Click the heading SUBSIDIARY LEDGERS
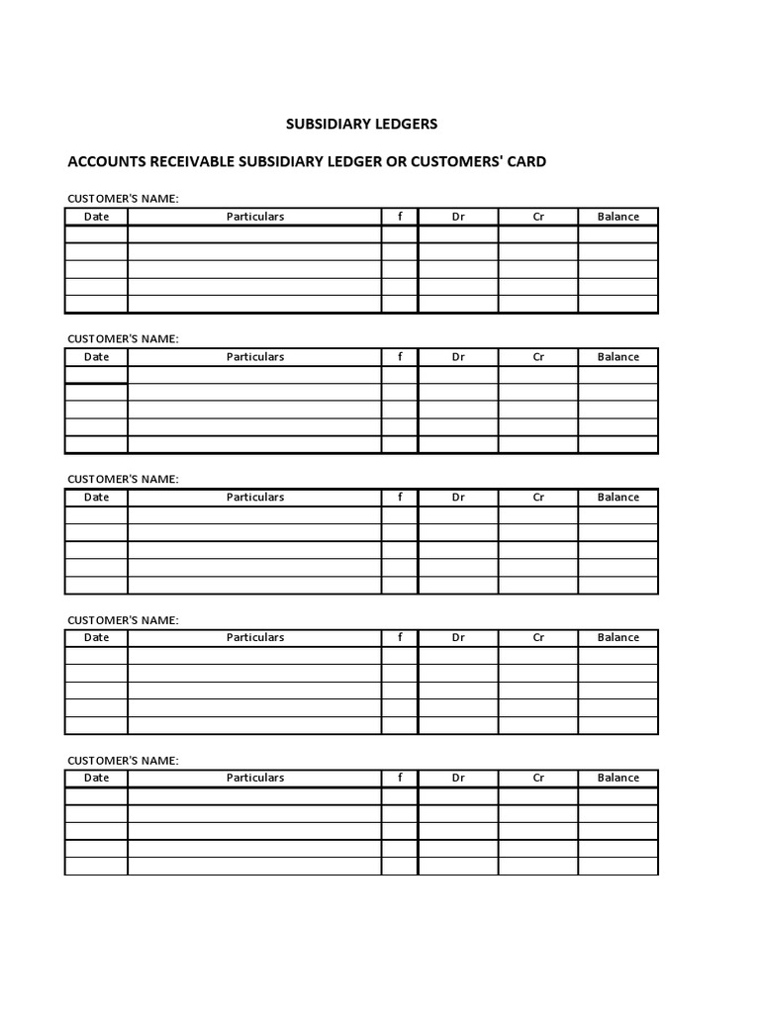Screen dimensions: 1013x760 pyautogui.click(x=361, y=125)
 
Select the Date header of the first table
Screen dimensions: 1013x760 pyautogui.click(x=96, y=217)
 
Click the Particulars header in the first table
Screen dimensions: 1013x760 pyautogui.click(x=254, y=217)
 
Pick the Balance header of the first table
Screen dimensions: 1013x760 pyautogui.click(x=617, y=217)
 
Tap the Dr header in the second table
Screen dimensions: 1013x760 pyautogui.click(x=458, y=357)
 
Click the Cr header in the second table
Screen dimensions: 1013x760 pyautogui.click(x=538, y=357)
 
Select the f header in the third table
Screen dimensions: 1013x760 pyautogui.click(x=400, y=498)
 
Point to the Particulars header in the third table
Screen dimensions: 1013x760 pyautogui.click(x=254, y=498)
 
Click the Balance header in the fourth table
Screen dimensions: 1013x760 pyautogui.click(x=617, y=638)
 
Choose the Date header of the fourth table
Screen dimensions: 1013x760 pyautogui.click(x=96, y=638)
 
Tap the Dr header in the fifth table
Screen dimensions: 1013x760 pyautogui.click(x=458, y=779)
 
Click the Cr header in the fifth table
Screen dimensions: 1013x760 pyautogui.click(x=538, y=779)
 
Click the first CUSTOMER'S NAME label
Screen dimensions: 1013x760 pyautogui.click(x=123, y=199)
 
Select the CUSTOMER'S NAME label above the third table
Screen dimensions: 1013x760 pyautogui.click(x=123, y=480)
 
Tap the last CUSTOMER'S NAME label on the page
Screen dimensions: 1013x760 pyautogui.click(x=123, y=761)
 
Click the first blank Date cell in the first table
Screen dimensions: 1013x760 pyautogui.click(x=96, y=234)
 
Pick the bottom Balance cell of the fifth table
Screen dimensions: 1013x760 pyautogui.click(x=617, y=867)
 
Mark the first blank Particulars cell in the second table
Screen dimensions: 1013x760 pyautogui.click(x=254, y=375)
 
